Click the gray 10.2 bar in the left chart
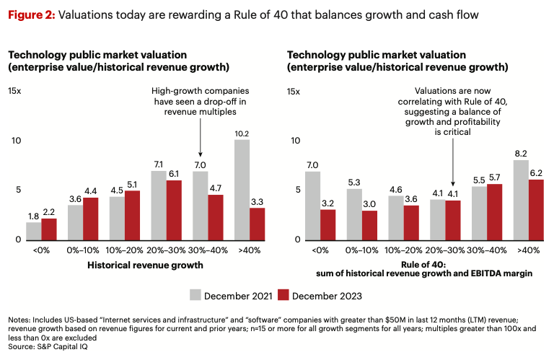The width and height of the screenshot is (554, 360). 242,190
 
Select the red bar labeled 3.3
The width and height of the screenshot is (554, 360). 257,224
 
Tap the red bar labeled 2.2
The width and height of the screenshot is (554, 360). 49,229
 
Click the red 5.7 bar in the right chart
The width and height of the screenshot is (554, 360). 495,211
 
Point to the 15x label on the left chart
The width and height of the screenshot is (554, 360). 14,92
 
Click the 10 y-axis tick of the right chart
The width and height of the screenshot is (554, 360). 291,141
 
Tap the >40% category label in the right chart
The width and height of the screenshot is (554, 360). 529,251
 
